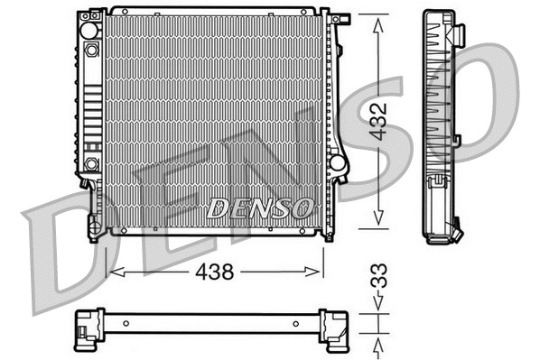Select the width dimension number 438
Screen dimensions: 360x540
coord(214,270)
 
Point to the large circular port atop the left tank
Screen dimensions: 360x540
coord(89,31)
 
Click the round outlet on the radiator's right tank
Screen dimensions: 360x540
coord(338,163)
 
